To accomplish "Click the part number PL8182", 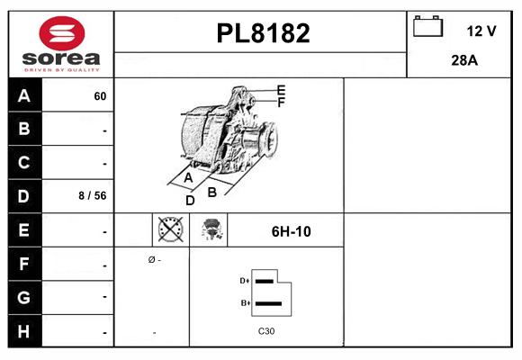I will tap(263, 33).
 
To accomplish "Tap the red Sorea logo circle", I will tap(59, 33).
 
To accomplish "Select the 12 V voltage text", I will tap(481, 31).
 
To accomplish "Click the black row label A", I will tap(24, 95).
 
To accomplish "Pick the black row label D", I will tap(24, 194).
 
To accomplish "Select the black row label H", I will tap(24, 330).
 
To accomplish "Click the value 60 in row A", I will tap(99, 96).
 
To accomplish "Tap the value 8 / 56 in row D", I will tap(93, 195).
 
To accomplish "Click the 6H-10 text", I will tap(291, 231).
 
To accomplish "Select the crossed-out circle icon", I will tap(169, 230).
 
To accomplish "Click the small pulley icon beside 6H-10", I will tap(212, 230).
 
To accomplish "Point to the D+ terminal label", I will tap(244, 281).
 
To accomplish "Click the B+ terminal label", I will tap(244, 302).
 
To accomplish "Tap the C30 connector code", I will tap(266, 331).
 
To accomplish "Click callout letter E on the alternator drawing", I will tap(281, 90).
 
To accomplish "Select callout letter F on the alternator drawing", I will tap(281, 103).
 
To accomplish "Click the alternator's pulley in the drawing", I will tap(266, 139).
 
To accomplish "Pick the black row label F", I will tap(24, 265).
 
